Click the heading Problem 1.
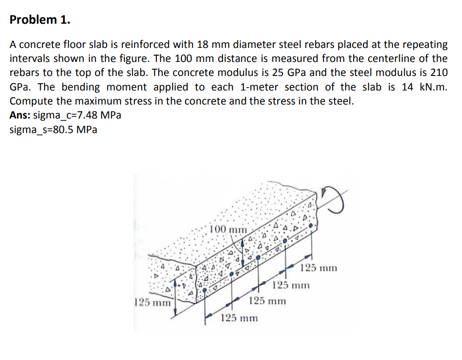point(40,20)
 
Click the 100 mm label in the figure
point(227,229)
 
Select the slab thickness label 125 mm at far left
point(152,303)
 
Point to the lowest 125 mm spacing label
point(239,318)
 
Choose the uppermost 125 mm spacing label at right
point(318,268)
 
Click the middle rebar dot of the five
point(259,258)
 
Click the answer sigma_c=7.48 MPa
point(77,116)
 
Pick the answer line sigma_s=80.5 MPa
point(53,130)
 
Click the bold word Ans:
point(20,116)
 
